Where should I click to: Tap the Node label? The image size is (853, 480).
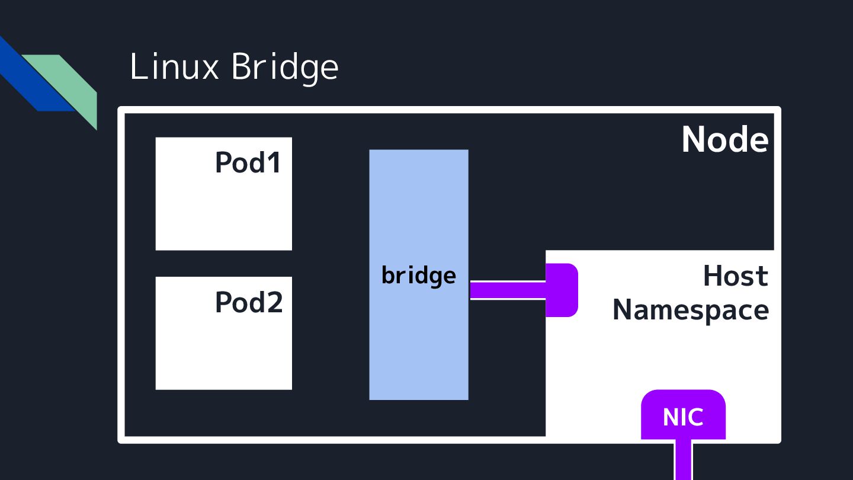[724, 140]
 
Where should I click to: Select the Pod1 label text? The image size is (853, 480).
[248, 162]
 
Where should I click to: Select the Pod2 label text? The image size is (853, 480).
[248, 302]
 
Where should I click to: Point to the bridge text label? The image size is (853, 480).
[418, 276]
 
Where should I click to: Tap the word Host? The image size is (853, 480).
[735, 276]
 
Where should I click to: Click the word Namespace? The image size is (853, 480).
[690, 309]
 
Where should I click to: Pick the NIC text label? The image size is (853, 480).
[683, 417]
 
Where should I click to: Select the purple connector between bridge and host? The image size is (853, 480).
[507, 290]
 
